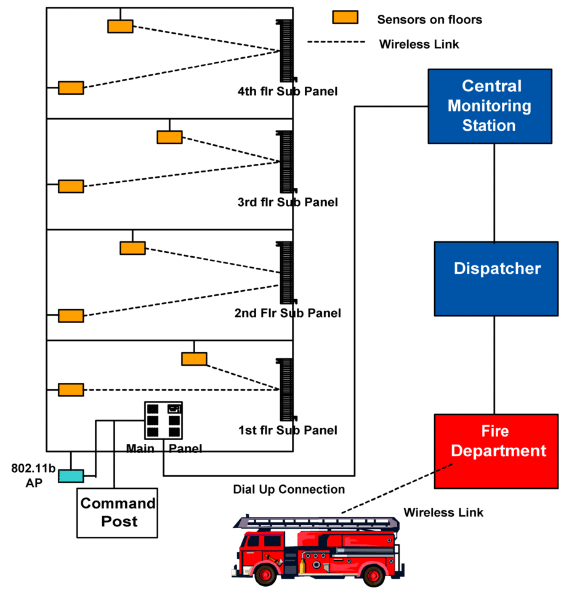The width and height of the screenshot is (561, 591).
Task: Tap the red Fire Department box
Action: point(496,451)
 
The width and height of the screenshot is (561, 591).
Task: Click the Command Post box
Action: point(117,512)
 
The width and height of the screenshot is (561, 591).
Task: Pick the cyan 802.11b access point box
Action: point(71,476)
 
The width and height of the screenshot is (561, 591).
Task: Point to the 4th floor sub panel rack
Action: point(286,50)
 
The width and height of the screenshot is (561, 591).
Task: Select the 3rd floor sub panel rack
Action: point(286,161)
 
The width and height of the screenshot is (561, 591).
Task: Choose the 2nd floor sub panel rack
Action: point(286,272)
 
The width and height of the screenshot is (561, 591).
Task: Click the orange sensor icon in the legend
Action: point(345,17)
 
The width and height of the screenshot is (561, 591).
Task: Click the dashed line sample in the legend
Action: point(336,42)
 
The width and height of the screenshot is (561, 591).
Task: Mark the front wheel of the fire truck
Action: point(267,575)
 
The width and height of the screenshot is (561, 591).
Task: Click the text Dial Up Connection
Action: point(289,489)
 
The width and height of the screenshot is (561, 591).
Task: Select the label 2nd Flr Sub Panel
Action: point(288,313)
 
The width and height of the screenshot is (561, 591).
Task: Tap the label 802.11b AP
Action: point(33,476)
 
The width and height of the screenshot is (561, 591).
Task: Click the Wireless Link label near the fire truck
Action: point(443,512)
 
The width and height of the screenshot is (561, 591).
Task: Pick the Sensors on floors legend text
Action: point(429,20)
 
